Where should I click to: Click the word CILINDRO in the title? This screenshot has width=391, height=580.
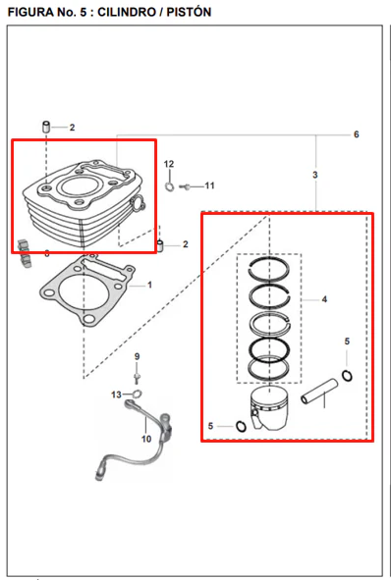click(x=127, y=12)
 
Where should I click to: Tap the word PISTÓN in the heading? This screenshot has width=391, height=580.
click(x=189, y=12)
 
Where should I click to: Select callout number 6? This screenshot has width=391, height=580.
click(x=357, y=134)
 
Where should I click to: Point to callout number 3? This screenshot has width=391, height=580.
click(x=314, y=175)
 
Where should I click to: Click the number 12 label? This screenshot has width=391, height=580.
click(x=169, y=164)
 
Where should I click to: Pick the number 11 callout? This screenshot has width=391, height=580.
click(x=209, y=185)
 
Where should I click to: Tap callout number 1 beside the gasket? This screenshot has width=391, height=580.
click(x=149, y=285)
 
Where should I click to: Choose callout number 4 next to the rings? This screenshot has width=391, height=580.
click(x=324, y=299)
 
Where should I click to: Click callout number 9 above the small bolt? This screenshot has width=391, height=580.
click(x=137, y=357)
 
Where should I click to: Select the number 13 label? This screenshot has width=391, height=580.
click(x=116, y=395)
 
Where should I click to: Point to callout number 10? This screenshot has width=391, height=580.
click(x=146, y=439)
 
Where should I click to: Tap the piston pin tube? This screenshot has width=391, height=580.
click(x=319, y=392)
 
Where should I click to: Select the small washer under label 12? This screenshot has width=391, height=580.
click(x=170, y=186)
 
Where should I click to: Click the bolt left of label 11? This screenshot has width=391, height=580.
click(x=185, y=187)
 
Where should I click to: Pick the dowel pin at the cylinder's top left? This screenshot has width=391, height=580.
click(x=46, y=127)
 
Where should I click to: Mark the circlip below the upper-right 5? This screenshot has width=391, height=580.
click(x=347, y=376)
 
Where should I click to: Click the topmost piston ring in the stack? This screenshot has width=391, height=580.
click(x=269, y=259)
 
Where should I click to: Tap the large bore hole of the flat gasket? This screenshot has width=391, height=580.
click(x=84, y=292)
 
